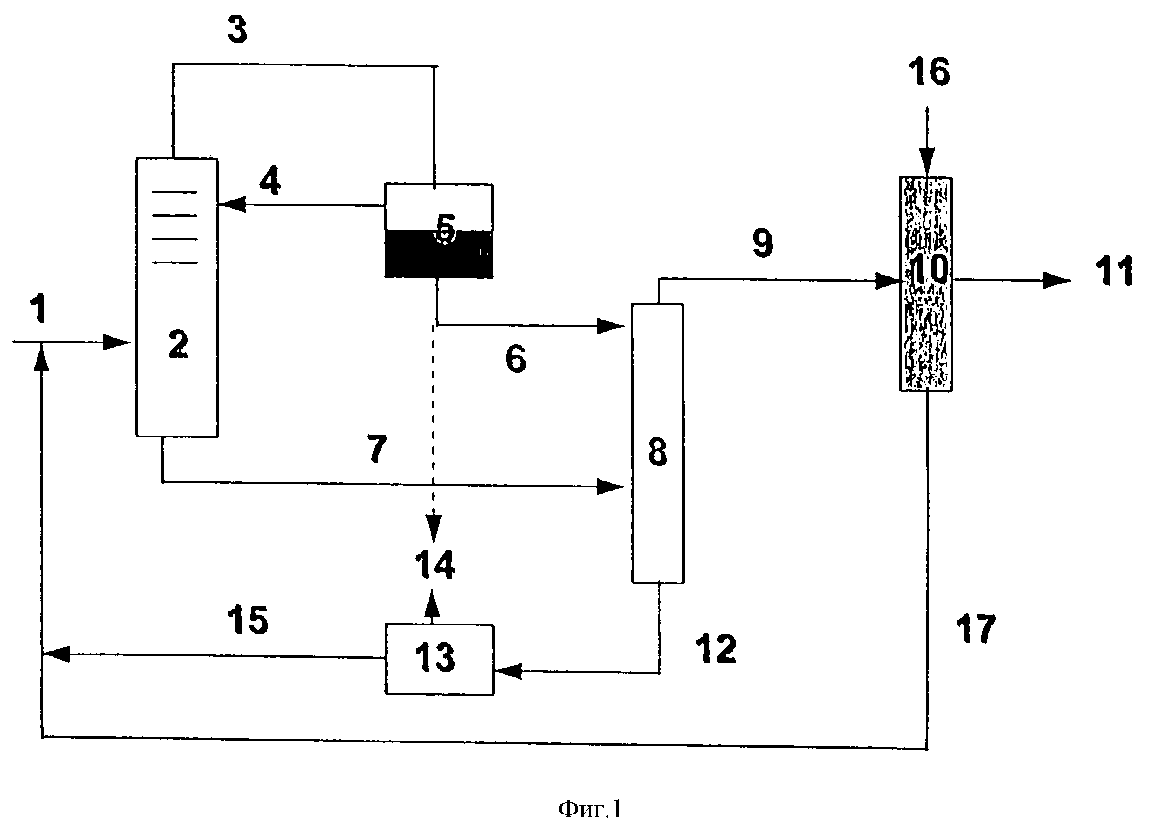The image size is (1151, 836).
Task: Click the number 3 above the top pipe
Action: pyautogui.click(x=237, y=30)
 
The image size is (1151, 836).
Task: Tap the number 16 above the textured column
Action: pyautogui.click(x=929, y=72)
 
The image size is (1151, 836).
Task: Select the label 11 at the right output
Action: pyautogui.click(x=1114, y=272)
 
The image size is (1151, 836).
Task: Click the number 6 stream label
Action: pyautogui.click(x=516, y=359)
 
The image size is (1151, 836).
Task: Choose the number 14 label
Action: pyautogui.click(x=434, y=565)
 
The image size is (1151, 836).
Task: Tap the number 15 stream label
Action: pyautogui.click(x=248, y=620)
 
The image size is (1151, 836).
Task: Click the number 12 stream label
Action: pyautogui.click(x=716, y=649)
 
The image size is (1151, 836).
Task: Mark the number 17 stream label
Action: pyautogui.click(x=975, y=630)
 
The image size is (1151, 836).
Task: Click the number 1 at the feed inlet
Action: pyautogui.click(x=38, y=309)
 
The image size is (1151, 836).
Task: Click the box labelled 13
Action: pyautogui.click(x=439, y=659)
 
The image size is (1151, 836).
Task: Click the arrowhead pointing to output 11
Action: pyautogui.click(x=1056, y=280)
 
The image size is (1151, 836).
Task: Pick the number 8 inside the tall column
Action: pyautogui.click(x=657, y=452)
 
